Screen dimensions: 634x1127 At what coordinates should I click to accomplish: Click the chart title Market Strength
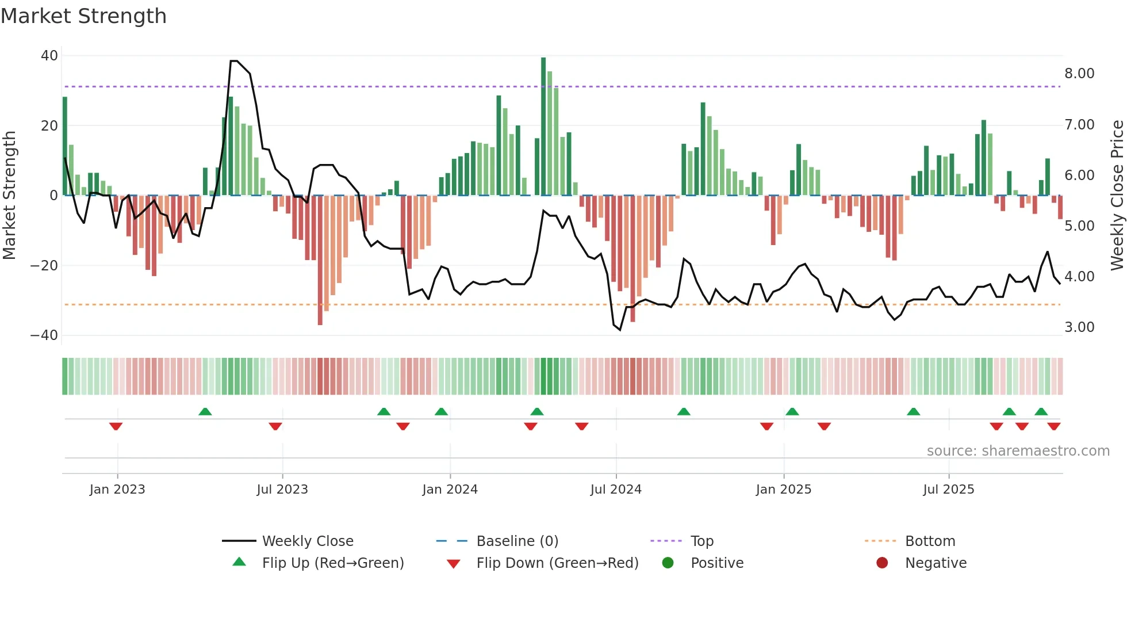[x=83, y=16]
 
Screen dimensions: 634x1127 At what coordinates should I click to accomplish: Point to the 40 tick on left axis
[x=49, y=56]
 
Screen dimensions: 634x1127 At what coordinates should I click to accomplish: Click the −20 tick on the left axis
[x=44, y=266]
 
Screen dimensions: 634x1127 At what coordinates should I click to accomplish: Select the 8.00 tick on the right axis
[x=1079, y=74]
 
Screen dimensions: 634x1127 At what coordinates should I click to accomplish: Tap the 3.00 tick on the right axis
[x=1079, y=327]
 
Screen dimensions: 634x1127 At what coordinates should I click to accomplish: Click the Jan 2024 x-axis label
[x=450, y=490]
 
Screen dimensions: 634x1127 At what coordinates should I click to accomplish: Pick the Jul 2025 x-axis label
[x=948, y=490]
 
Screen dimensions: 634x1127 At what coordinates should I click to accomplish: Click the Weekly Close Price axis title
[x=1117, y=196]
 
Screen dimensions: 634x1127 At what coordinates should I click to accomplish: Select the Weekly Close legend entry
[x=307, y=541]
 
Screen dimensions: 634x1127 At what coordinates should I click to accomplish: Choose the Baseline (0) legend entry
[x=517, y=541]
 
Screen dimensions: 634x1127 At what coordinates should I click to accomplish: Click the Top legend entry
[x=701, y=541]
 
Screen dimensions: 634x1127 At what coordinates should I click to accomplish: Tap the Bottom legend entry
[x=930, y=541]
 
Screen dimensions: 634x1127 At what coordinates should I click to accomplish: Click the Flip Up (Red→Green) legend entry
[x=332, y=563]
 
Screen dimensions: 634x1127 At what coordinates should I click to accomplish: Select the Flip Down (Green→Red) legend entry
[x=557, y=563]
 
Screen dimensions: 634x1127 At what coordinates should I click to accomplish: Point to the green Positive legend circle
[x=668, y=563]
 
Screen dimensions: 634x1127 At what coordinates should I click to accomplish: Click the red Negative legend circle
[x=882, y=563]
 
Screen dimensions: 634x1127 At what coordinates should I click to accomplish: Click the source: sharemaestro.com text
[x=1018, y=451]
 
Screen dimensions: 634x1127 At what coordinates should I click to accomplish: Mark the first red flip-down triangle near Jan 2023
[x=116, y=426]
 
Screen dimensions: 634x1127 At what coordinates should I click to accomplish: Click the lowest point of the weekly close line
[x=620, y=330]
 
